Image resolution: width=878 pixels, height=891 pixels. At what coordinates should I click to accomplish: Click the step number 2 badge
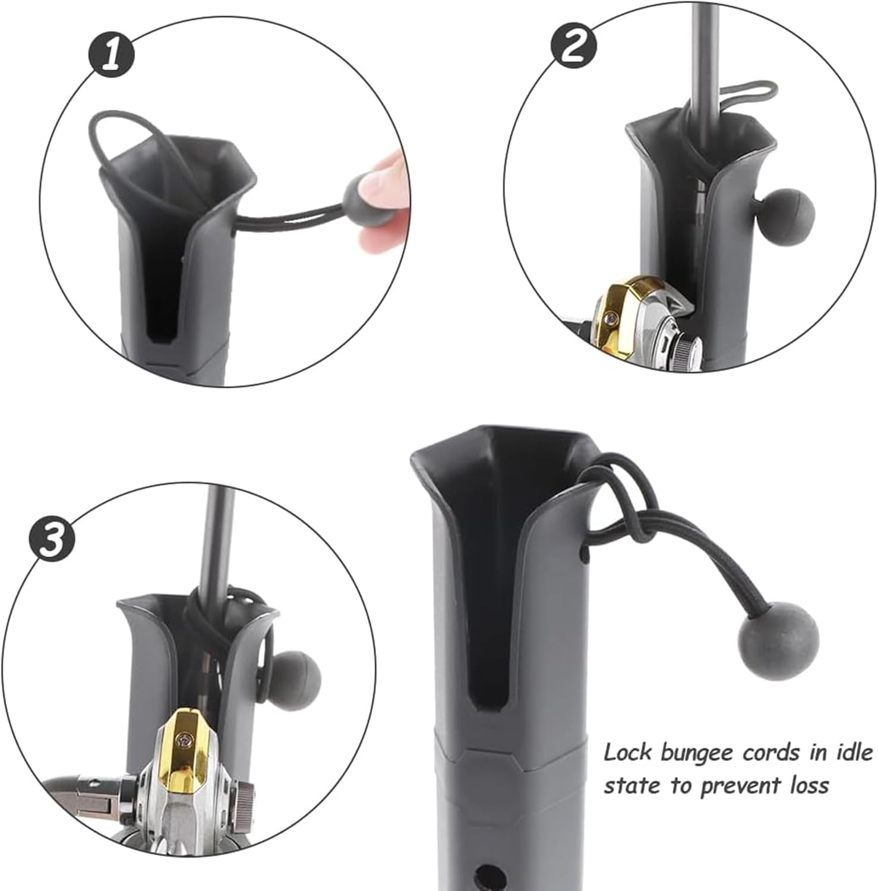(x=574, y=46)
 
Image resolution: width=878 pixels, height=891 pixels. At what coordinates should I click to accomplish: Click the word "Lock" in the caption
(x=629, y=753)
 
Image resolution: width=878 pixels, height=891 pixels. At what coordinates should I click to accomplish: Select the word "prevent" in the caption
(x=740, y=787)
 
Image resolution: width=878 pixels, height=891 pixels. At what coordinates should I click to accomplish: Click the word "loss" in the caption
(x=807, y=785)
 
